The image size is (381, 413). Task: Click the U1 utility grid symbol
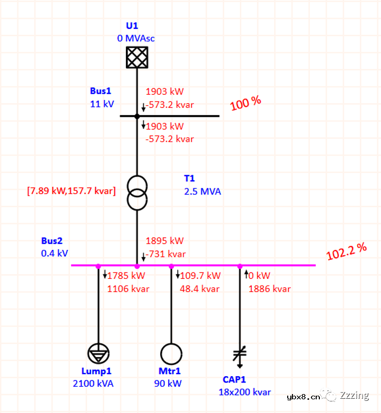click(x=137, y=57)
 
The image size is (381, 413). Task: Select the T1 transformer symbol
click(x=137, y=193)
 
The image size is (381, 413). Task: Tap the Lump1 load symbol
click(x=99, y=354)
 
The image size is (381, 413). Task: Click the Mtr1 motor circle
click(x=171, y=354)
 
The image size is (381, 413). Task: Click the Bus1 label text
click(x=101, y=91)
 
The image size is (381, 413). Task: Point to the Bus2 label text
click(x=52, y=241)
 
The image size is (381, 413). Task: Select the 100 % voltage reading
click(x=246, y=103)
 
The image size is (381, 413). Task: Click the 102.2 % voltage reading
click(x=346, y=251)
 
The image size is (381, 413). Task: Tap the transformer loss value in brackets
click(x=71, y=190)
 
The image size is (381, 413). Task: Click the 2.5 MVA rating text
click(x=202, y=192)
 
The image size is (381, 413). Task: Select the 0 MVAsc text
click(x=136, y=38)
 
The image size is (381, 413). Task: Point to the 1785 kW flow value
click(x=126, y=276)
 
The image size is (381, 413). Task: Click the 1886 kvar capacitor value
click(x=270, y=289)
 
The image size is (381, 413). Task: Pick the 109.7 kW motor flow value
click(x=200, y=276)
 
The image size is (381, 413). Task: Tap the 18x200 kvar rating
click(x=245, y=392)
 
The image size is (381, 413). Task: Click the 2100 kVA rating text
click(x=93, y=384)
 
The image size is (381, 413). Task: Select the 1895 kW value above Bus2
click(x=164, y=241)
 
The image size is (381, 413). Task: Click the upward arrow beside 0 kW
click(x=246, y=274)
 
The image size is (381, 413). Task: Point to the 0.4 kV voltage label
click(x=54, y=254)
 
